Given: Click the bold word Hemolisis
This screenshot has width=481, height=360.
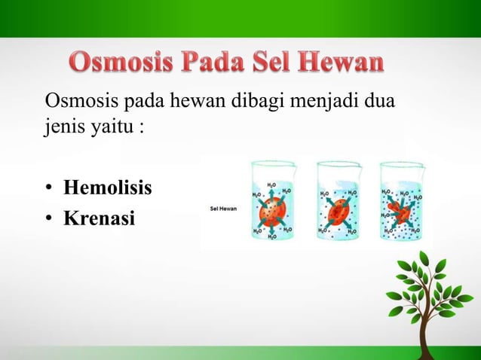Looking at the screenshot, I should (108, 188).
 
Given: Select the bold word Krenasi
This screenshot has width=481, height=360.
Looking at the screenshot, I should (99, 219).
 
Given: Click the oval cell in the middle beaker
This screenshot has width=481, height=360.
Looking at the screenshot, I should (335, 209).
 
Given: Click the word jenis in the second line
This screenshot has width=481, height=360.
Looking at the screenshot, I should (64, 124).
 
